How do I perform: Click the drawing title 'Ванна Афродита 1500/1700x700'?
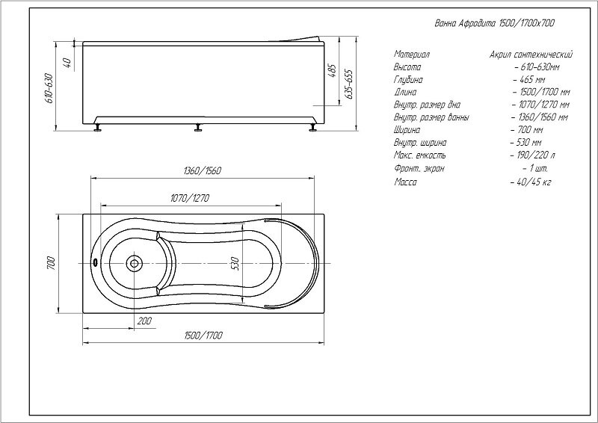[495, 23]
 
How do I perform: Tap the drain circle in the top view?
[134, 263]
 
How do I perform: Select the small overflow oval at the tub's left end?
[95, 263]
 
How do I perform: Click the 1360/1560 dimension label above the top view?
[202, 170]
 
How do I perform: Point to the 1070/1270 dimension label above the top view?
[190, 198]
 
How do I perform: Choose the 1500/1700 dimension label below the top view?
[203, 336]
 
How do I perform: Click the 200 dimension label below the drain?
[144, 321]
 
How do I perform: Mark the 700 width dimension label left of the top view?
[51, 263]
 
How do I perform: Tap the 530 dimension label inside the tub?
[235, 264]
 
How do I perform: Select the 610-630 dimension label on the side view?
[49, 88]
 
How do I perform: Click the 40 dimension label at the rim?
[67, 63]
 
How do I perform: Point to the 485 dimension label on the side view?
[332, 71]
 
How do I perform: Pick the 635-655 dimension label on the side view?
[349, 84]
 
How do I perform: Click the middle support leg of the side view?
[198, 128]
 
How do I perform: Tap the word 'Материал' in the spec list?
[412, 55]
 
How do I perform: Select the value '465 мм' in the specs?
[529, 80]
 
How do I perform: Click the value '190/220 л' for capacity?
[533, 155]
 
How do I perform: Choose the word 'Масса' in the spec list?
[405, 182]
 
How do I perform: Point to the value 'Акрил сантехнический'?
[531, 55]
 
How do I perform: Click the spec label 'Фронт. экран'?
[419, 168]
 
